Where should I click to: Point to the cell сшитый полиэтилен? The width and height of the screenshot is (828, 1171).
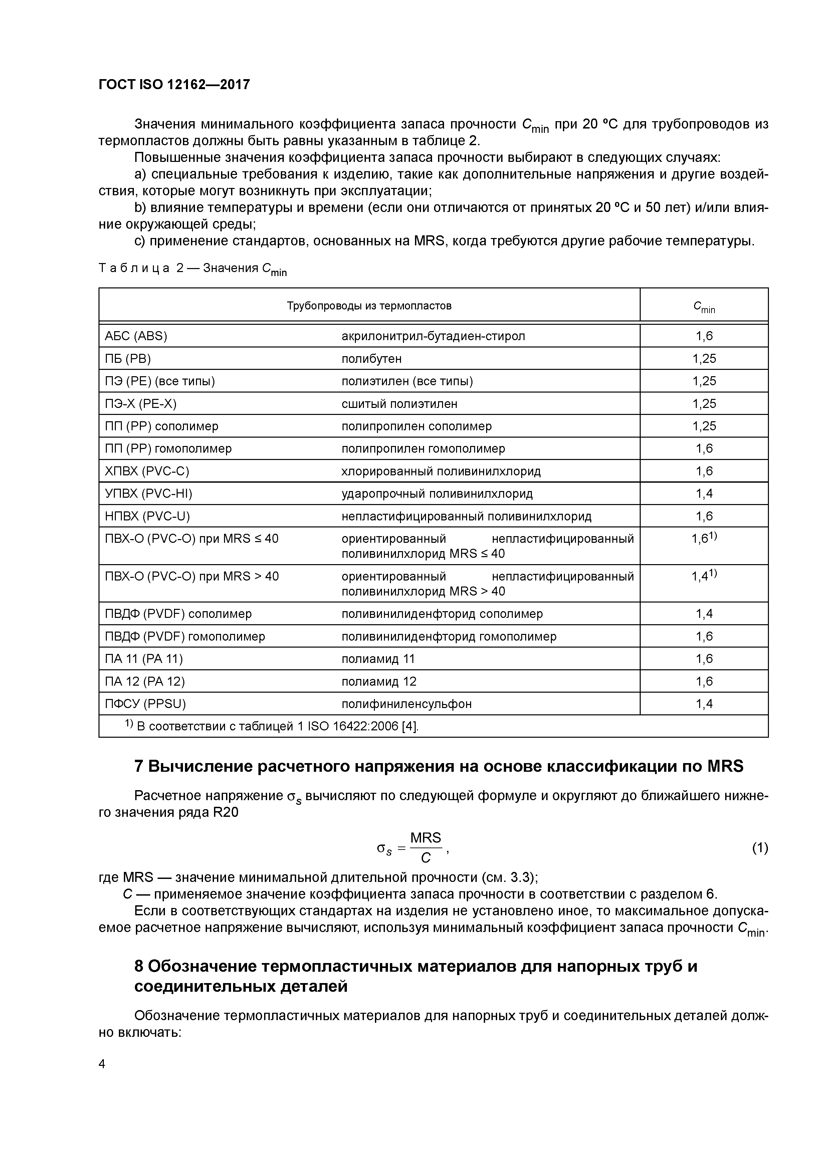(399, 404)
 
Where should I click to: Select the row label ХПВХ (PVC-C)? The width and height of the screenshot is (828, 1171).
(147, 471)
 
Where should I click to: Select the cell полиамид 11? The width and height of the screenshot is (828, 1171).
(378, 658)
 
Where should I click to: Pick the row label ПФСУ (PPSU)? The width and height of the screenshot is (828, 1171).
(145, 704)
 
